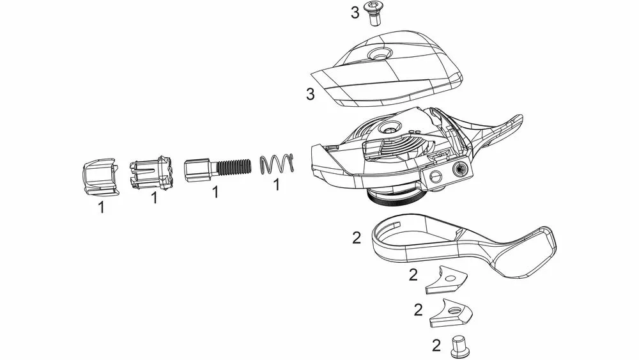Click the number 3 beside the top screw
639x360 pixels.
[355, 13]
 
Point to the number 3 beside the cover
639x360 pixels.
[311, 94]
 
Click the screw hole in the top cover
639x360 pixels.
[378, 54]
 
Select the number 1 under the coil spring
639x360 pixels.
[276, 185]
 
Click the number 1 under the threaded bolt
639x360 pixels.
[215, 192]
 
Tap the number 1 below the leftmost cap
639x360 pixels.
[101, 207]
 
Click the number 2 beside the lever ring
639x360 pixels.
[357, 238]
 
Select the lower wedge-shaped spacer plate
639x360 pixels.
[450, 313]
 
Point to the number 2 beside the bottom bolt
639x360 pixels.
[436, 346]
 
